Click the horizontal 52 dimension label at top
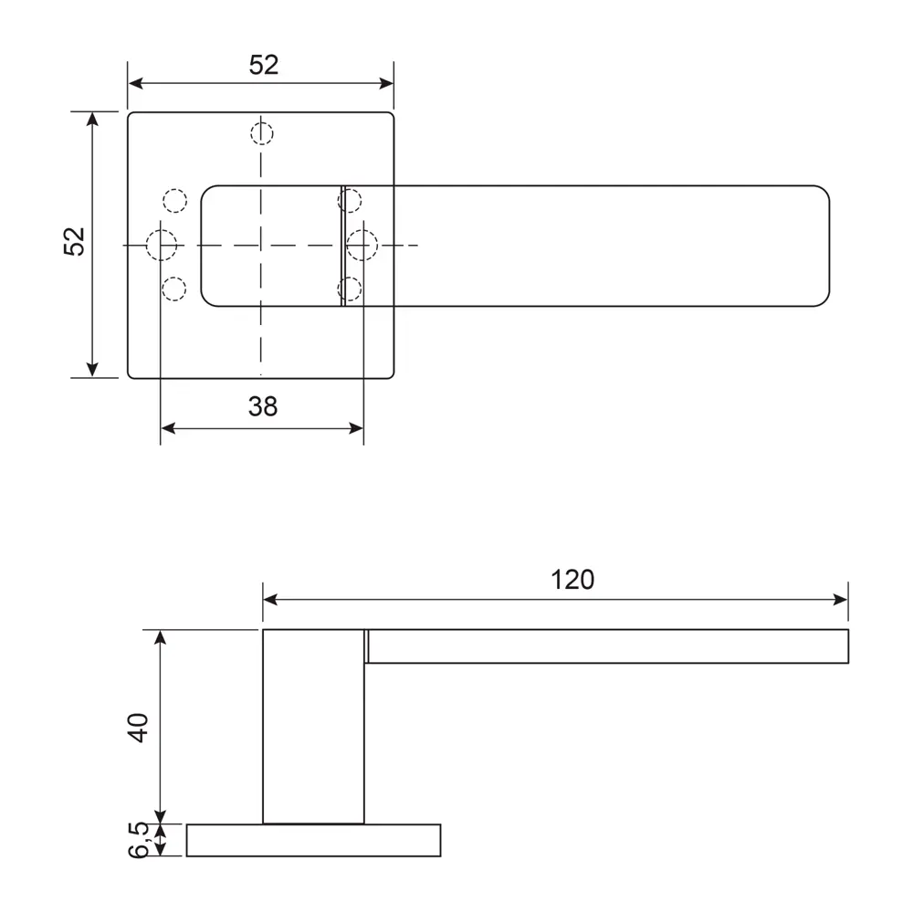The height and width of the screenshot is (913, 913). pos(263,65)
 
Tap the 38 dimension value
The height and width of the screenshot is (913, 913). pos(262,406)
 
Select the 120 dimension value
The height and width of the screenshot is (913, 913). pos(572,580)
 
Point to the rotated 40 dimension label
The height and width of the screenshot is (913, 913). pos(137,727)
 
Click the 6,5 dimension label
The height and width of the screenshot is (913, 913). pos(138,839)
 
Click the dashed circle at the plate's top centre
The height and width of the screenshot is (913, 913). pos(261,133)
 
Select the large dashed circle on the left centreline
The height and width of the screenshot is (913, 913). pos(162,246)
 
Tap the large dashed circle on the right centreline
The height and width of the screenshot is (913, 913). pos(362,246)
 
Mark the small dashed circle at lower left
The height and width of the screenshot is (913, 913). pos(173,289)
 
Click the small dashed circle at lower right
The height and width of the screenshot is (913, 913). pos(349,289)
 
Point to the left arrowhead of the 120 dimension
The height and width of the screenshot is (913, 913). pos(270,600)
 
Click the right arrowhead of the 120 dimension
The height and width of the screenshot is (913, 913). pos(841,600)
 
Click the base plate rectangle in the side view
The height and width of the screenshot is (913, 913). pos(313,840)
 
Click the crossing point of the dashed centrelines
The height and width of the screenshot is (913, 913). pos(261,246)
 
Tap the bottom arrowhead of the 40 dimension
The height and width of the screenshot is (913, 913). pos(161,815)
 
